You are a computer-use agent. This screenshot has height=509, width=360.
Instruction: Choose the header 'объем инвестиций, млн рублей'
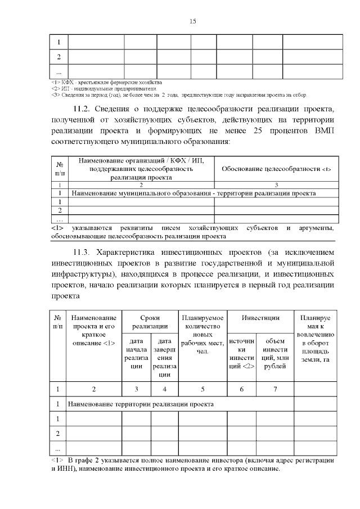coord(274,353)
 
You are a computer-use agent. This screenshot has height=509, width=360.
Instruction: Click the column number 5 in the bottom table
coord(202,389)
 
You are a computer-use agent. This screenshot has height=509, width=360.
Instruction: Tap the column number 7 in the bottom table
coord(274,389)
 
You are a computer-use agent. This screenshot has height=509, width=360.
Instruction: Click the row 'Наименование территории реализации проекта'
coord(141,404)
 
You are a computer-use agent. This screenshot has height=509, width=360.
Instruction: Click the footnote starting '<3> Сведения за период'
coord(186,94)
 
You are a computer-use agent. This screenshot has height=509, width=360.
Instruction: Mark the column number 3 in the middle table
coord(276,184)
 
